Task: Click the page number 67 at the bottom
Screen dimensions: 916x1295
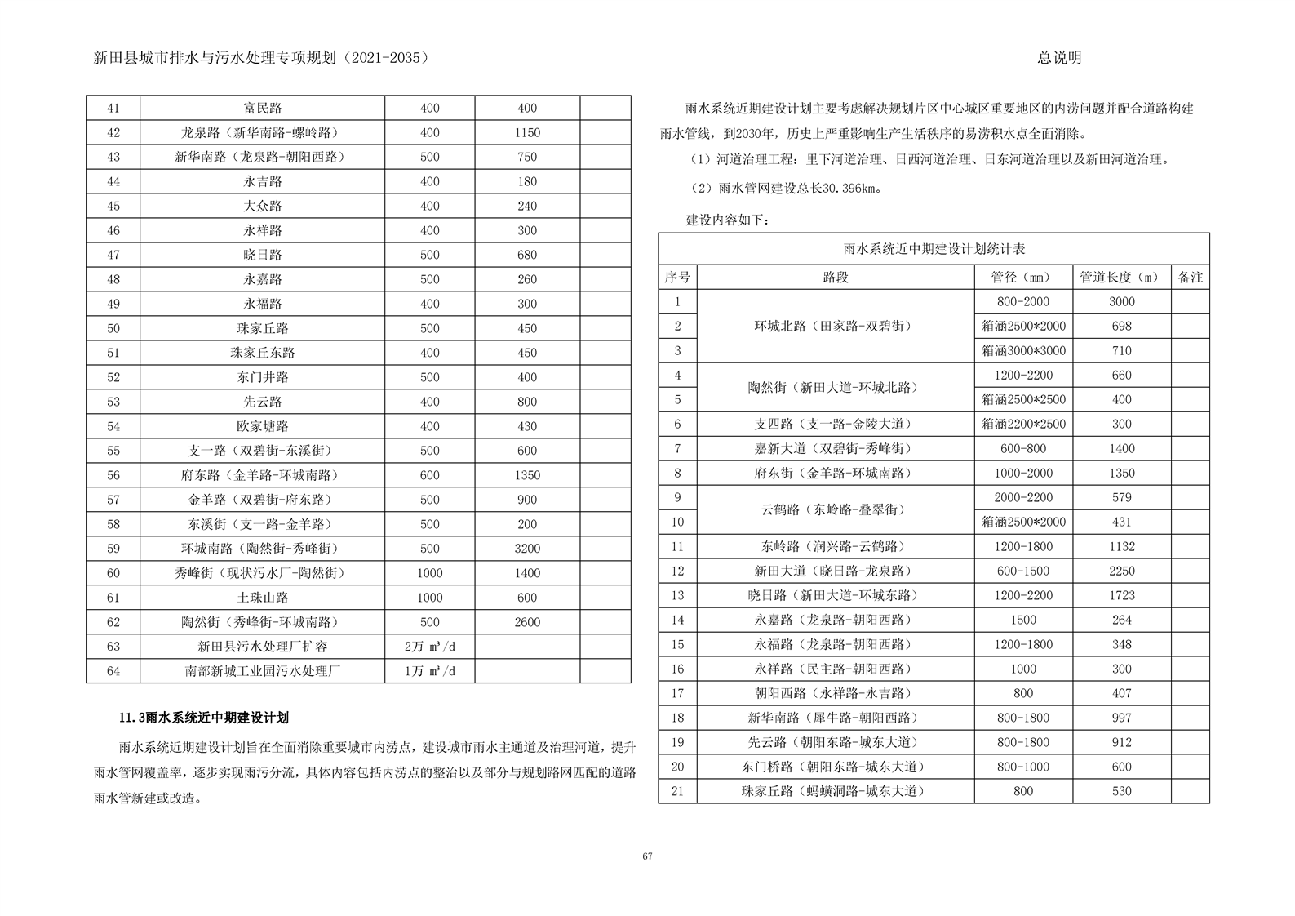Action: [646, 856]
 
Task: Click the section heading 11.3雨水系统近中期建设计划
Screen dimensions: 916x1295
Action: [204, 718]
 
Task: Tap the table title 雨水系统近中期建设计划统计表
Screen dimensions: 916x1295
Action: [934, 249]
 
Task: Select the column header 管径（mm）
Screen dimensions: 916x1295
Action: [1023, 278]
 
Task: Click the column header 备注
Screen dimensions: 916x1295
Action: [1190, 278]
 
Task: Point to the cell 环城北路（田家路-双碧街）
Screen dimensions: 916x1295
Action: [836, 327]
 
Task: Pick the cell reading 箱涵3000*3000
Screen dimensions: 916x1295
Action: [1023, 351]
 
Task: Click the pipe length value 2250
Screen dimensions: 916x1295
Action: [1121, 571]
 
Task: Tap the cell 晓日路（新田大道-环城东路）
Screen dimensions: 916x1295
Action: [836, 596]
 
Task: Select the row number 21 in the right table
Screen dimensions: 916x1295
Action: [677, 791]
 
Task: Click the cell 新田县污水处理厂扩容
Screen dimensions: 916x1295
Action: [262, 647]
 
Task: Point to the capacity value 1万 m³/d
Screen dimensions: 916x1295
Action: [429, 671]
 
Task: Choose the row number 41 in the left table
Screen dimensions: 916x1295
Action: [113, 109]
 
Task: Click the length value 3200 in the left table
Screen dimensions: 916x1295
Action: [527, 549]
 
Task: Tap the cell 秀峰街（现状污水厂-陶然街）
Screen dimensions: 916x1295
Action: [262, 573]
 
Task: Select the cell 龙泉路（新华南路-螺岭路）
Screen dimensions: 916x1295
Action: [262, 133]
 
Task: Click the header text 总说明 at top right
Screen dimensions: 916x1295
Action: [1059, 58]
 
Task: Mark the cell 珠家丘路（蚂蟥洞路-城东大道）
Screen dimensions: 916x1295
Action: [836, 791]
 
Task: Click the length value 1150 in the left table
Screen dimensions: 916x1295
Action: [527, 133]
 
